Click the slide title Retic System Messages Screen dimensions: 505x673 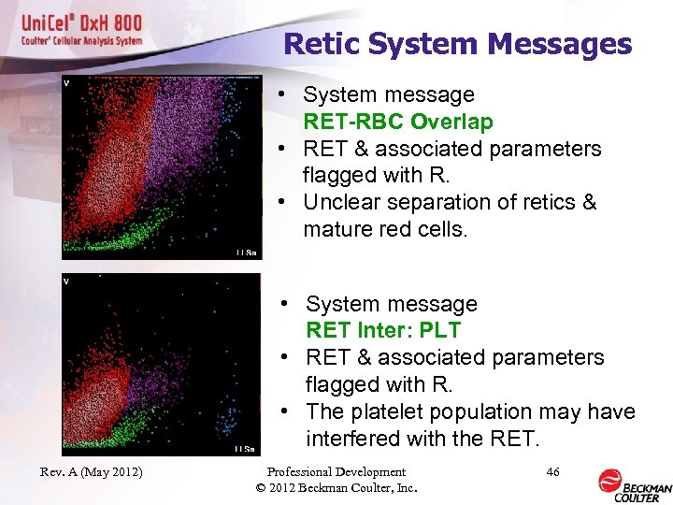457,44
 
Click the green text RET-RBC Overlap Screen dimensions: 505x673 397,122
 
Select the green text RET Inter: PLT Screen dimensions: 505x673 383,330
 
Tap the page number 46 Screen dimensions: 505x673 552,472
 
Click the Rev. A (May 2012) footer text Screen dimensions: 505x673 92,472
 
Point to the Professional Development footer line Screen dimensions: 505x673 336,472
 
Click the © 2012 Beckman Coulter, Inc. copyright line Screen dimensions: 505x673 336,487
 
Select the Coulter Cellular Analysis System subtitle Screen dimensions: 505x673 82,41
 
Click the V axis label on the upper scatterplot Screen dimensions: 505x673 66,83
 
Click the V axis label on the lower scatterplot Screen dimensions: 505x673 66,281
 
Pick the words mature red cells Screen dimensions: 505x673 384,229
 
